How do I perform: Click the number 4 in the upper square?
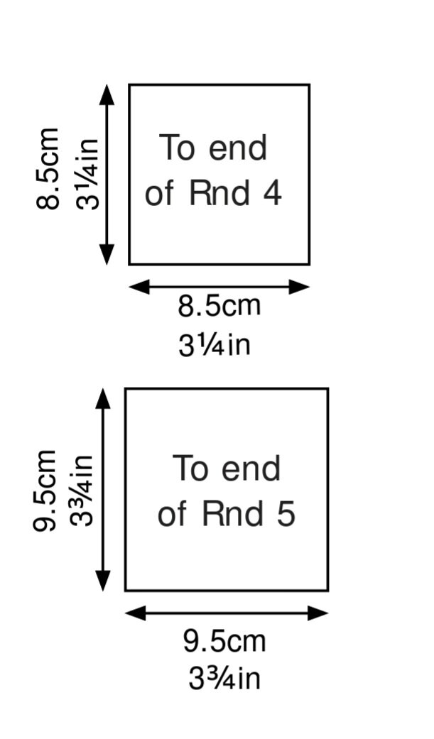272,192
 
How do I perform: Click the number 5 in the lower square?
284,514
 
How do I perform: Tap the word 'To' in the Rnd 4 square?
178,148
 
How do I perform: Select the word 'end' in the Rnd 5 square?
251,469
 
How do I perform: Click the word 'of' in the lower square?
173,514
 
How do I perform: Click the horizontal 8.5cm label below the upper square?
219,307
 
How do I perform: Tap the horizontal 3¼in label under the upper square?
215,345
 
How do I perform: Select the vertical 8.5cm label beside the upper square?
48,169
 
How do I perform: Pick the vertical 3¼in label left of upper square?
88,174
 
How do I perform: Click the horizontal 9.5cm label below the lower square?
224,641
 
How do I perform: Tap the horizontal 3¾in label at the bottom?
224,679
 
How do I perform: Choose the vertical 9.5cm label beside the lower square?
45,491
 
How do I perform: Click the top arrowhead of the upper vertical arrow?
107,94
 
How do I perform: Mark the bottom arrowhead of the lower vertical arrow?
104,580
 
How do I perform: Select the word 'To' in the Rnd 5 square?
191,469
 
